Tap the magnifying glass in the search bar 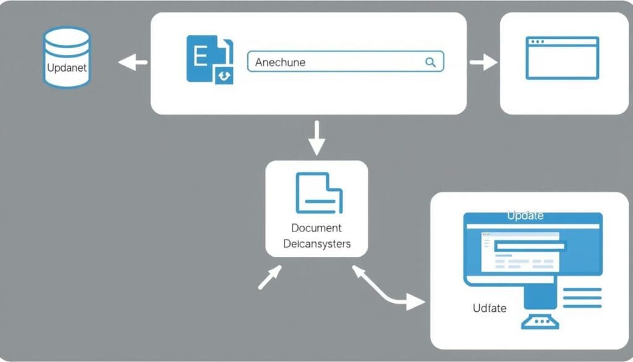(430, 62)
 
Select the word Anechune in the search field (281, 62)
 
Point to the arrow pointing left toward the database (132, 62)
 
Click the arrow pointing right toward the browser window (483, 62)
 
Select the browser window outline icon (562, 58)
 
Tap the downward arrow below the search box (316, 138)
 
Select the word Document (316, 228)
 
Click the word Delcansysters (316, 243)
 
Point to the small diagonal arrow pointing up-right (269, 278)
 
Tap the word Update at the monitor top (525, 215)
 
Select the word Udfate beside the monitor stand (490, 308)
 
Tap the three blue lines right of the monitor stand (582, 297)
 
